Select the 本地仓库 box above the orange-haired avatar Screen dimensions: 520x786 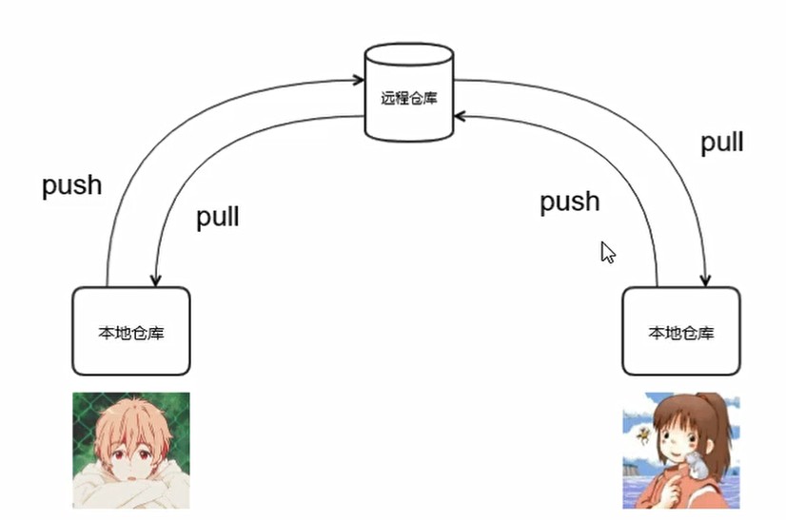131,332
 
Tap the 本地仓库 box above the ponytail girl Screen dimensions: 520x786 680,332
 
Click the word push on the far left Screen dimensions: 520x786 71,185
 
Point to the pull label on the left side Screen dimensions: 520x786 217,217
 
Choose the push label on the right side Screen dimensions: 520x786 570,202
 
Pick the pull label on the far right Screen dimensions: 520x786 721,143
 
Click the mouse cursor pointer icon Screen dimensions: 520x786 607,252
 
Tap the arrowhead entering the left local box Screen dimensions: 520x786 154,280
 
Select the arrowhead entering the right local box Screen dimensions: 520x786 705,280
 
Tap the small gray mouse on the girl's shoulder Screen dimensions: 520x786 698,466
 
